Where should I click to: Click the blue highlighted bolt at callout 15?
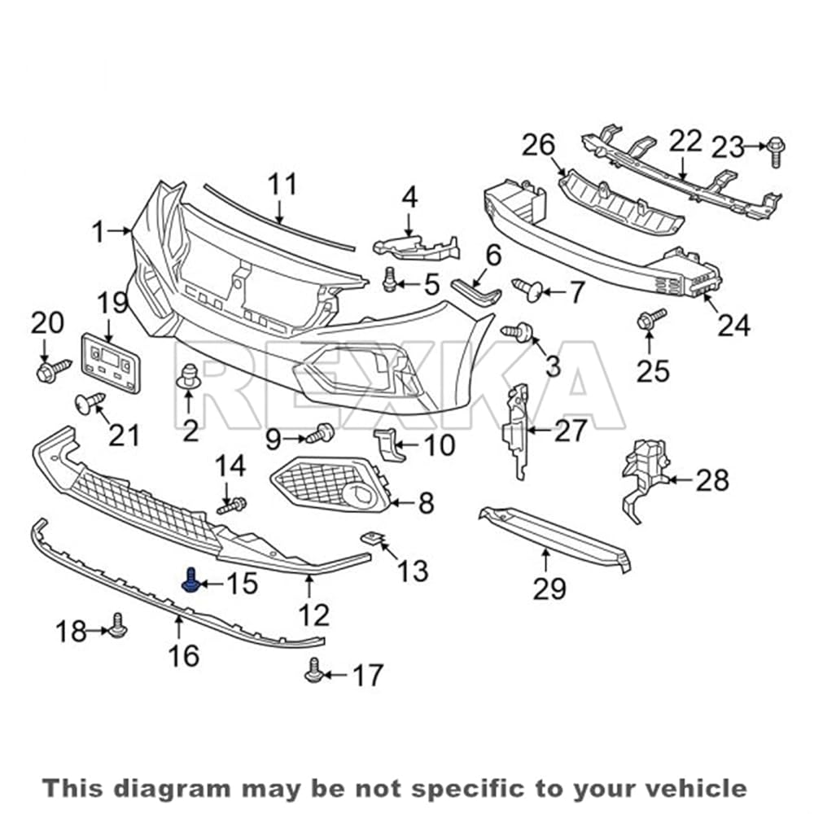190,580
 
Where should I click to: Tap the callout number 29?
549,589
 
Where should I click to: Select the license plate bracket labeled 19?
111,362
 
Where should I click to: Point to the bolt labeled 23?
776,151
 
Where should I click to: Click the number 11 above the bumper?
282,184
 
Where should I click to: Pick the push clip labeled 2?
189,376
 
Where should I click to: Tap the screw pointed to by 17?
313,671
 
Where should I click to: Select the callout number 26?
538,145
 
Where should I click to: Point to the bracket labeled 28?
645,479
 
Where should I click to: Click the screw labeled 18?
118,626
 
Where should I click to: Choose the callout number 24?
733,326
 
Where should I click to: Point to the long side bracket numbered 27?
515,431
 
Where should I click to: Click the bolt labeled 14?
232,505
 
